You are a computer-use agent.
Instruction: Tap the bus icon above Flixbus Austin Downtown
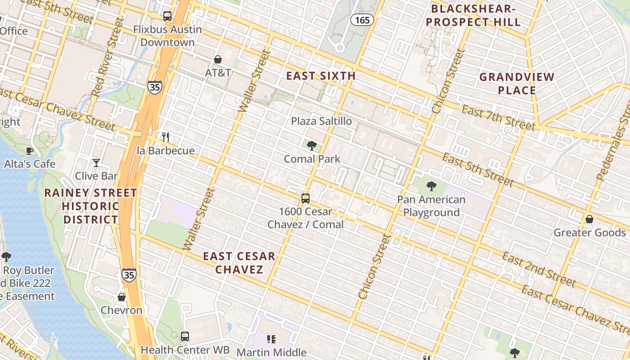[167, 16]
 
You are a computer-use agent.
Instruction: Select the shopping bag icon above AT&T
[218, 59]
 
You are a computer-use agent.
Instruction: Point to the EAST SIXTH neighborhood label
[321, 76]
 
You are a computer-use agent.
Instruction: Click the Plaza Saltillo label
[321, 121]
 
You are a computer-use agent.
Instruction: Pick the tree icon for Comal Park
[311, 145]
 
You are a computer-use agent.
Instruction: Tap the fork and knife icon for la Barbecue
[166, 137]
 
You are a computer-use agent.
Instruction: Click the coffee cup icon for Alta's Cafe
[30, 150]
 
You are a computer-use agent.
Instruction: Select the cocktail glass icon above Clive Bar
[96, 162]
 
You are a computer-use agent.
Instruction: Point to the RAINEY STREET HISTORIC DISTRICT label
[91, 206]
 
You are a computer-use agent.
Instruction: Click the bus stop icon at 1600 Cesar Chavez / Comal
[306, 198]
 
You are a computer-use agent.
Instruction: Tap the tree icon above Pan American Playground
[431, 186]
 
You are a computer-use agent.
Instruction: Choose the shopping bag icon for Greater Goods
[589, 219]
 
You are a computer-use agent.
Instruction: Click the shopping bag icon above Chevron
[121, 297]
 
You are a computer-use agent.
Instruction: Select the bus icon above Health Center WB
[185, 336]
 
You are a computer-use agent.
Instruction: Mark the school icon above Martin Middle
[271, 339]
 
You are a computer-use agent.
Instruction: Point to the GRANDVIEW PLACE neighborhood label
[517, 83]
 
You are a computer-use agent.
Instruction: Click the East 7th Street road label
[499, 117]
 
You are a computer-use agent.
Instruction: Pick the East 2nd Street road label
[539, 270]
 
